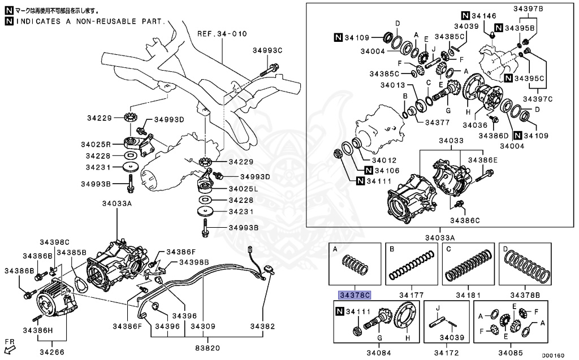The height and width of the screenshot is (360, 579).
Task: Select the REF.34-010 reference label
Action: coord(222,34)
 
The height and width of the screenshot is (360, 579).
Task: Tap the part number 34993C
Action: coord(267,51)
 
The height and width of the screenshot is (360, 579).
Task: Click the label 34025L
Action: coord(244,188)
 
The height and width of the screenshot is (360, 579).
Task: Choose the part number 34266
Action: coord(51,352)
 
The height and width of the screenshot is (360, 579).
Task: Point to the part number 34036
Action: coord(475,125)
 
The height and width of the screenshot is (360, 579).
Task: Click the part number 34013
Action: coord(392,85)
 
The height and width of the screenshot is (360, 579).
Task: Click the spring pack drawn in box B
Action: coord(412,266)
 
